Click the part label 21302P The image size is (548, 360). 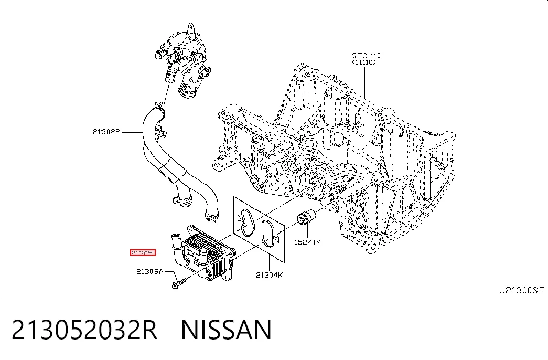tap(106, 132)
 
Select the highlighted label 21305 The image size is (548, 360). tap(143, 252)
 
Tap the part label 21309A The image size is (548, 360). tap(150, 271)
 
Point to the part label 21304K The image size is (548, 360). tap(269, 275)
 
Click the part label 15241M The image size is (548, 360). tap(307, 242)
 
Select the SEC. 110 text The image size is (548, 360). tap(366, 56)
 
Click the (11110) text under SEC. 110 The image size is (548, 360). tap(364, 62)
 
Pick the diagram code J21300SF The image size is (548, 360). tap(521, 290)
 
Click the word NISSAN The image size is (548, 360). tap(226, 330)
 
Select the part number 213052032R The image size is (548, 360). tap(84, 330)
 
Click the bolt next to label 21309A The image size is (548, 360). tap(179, 283)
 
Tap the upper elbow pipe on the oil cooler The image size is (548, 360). tap(176, 243)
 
